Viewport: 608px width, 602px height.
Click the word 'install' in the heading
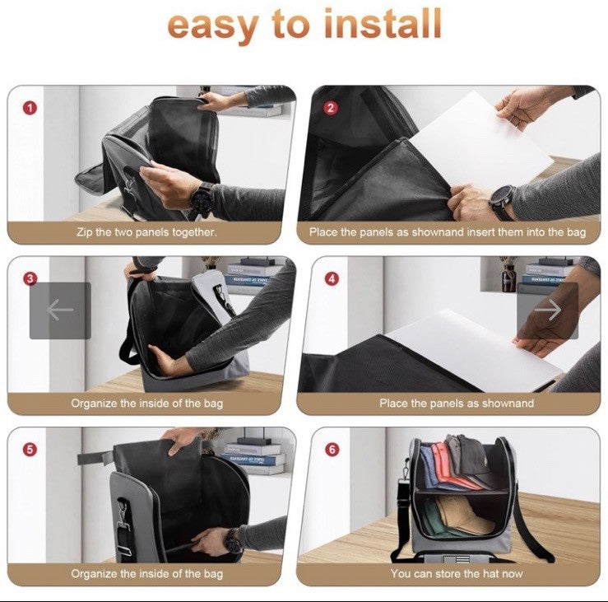pos(383,23)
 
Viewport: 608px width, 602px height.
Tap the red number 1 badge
pos(30,108)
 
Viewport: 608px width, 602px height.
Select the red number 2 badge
pos(331,108)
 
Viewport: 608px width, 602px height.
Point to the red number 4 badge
pos(331,278)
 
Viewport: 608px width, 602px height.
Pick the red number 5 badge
pos(30,450)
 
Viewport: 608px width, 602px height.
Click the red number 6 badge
pos(332,450)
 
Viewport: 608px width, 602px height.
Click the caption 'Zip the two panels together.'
pos(146,232)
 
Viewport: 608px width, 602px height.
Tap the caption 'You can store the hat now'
pos(457,573)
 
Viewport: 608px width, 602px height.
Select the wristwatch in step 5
pos(234,539)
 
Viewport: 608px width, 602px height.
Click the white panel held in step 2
pos(480,143)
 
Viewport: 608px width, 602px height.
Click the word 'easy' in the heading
pos(214,26)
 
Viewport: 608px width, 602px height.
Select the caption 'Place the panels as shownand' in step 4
pos(457,403)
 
